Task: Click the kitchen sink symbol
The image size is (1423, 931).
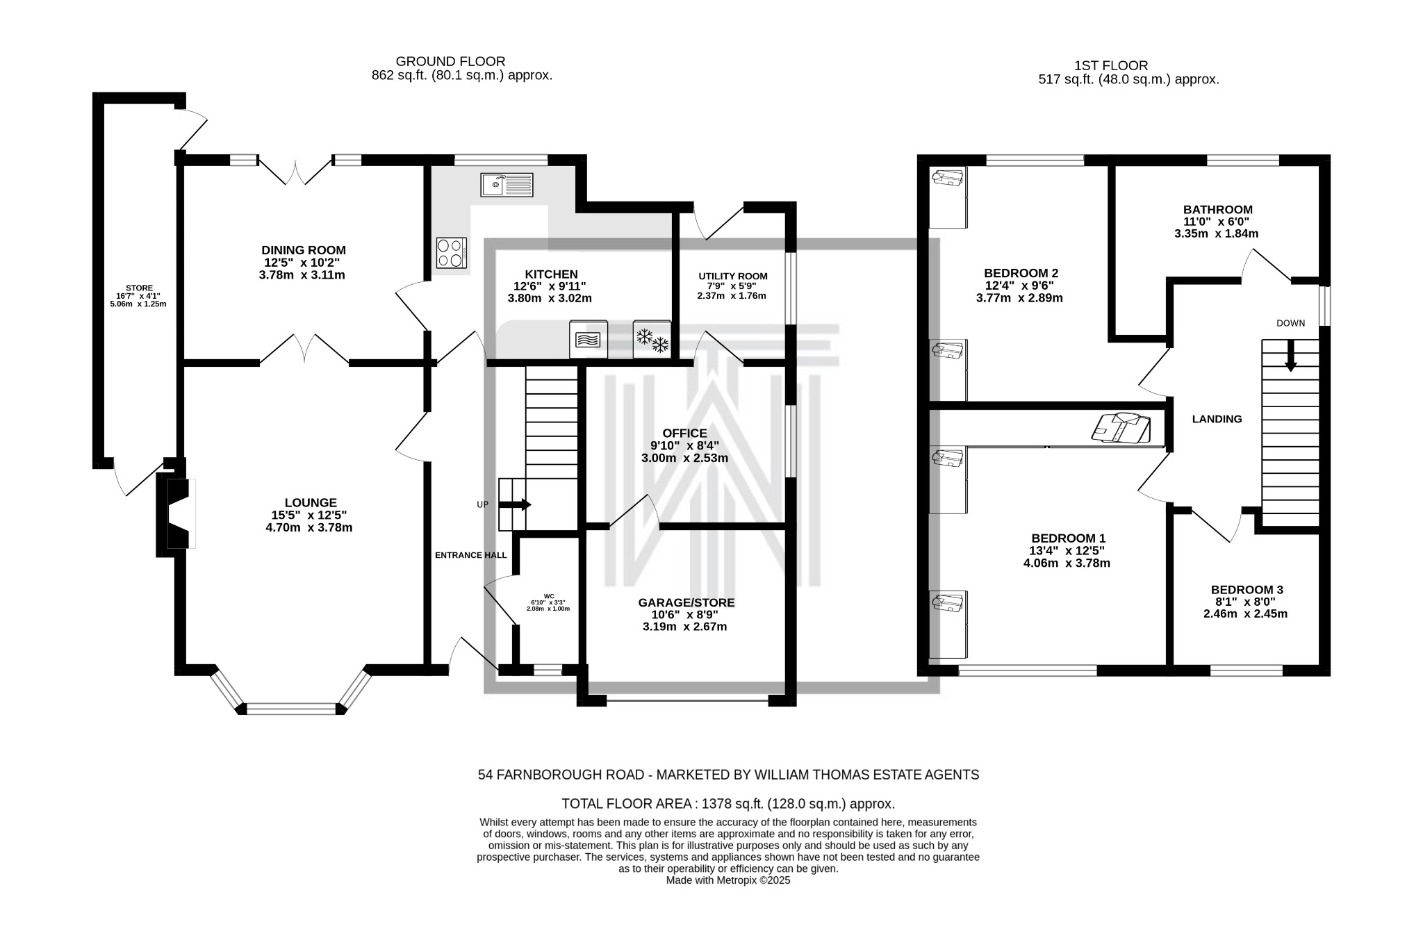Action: (507, 184)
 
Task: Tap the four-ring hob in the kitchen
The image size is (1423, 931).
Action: (451, 253)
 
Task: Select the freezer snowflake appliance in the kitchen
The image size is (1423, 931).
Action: (652, 339)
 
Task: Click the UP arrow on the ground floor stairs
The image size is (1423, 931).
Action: (515, 505)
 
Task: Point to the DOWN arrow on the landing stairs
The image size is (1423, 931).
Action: (1290, 356)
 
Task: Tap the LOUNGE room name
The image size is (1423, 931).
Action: (311, 502)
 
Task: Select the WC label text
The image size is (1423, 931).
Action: (549, 596)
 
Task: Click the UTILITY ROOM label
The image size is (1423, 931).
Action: (733, 276)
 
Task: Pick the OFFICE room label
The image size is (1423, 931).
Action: (684, 433)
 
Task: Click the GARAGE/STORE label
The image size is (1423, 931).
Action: (686, 602)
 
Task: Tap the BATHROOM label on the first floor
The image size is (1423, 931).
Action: (1218, 209)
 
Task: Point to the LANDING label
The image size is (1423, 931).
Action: (1217, 419)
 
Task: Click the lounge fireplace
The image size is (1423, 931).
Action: (174, 514)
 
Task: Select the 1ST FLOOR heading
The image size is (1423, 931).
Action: (1111, 66)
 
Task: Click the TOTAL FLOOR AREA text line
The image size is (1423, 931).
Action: (728, 804)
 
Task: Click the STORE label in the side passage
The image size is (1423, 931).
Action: (139, 288)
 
